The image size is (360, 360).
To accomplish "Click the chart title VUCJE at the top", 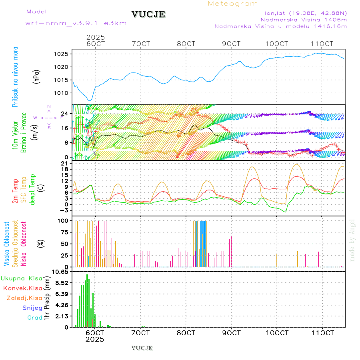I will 148,14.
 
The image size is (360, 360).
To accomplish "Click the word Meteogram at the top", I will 233,4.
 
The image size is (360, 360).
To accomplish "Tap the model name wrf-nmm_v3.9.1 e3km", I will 76,23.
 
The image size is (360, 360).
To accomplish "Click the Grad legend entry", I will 34,318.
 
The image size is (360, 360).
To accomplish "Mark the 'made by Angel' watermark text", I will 352,240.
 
